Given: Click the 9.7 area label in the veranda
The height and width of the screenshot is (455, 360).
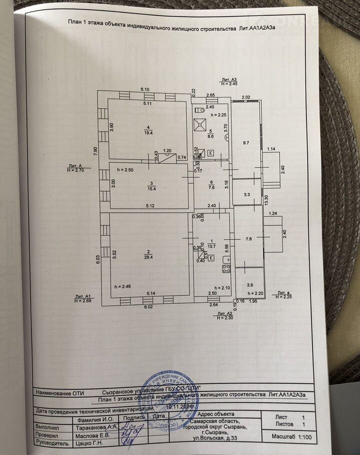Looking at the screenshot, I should coord(245,143).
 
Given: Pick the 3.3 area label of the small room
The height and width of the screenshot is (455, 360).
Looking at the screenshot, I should coord(246,194).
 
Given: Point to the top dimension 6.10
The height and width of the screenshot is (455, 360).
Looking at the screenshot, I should coord(145,88).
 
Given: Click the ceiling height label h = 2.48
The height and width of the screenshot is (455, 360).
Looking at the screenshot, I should coord(122,286).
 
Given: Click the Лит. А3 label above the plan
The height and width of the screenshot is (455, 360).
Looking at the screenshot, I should coord(229,79).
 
